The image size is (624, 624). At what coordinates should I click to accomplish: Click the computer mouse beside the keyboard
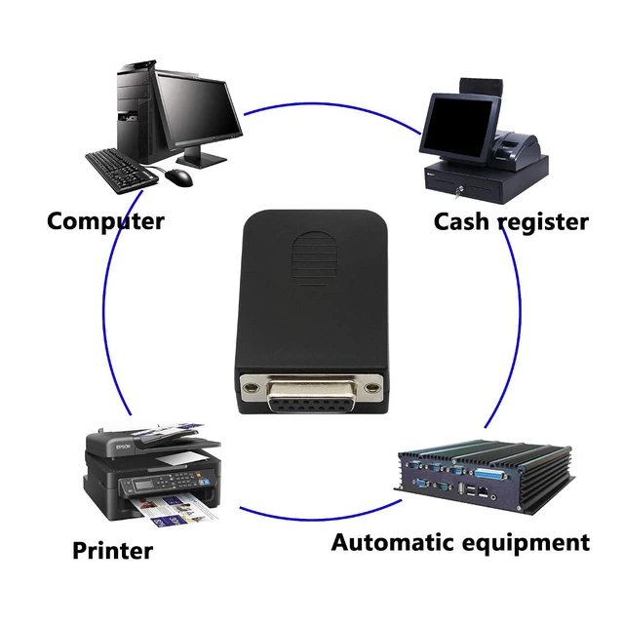tap(178, 177)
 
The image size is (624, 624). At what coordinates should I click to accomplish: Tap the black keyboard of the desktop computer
tap(122, 172)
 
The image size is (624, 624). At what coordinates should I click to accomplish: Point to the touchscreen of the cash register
tap(458, 124)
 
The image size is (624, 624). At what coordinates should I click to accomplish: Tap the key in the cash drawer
tap(457, 193)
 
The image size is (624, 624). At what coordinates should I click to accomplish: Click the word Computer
tap(105, 221)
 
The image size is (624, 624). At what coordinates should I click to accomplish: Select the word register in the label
tap(543, 222)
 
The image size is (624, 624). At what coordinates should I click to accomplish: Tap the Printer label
tap(113, 550)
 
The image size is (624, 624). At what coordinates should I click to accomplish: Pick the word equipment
tap(522, 544)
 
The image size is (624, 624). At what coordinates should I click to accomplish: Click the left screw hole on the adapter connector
tap(251, 387)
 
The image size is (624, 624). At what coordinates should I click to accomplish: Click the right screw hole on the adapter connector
tap(372, 387)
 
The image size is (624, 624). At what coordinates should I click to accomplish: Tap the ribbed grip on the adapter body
tap(315, 258)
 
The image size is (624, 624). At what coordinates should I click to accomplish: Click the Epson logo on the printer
tap(124, 447)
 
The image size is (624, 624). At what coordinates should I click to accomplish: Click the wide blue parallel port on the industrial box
tap(490, 474)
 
